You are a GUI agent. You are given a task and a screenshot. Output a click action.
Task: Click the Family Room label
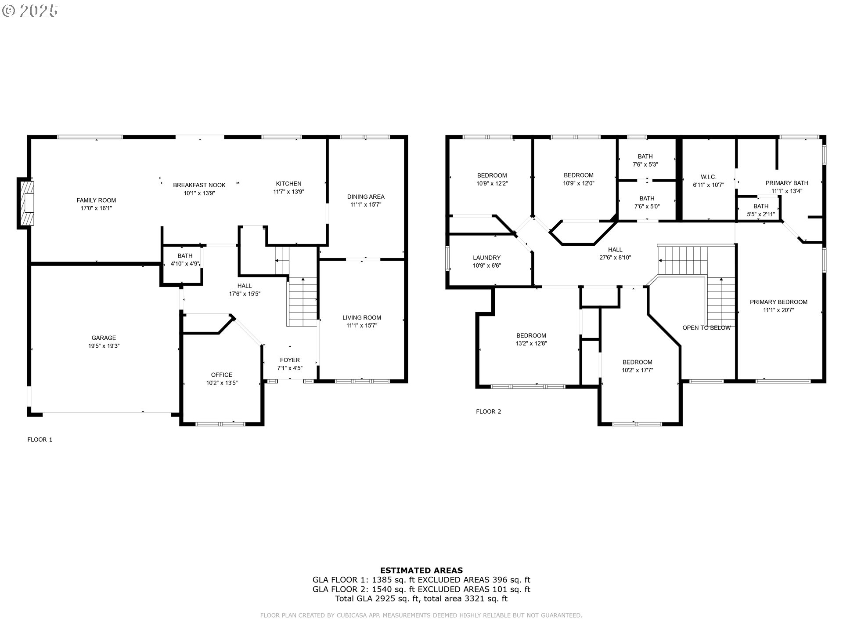click(96, 200)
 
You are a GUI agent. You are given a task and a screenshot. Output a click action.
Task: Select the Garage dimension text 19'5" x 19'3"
click(104, 346)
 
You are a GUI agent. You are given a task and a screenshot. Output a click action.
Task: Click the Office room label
click(221, 375)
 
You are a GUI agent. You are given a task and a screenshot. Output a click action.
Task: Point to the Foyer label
click(289, 360)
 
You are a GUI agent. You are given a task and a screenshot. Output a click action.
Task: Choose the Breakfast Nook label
click(199, 185)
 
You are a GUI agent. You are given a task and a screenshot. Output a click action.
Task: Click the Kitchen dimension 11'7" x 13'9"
click(288, 192)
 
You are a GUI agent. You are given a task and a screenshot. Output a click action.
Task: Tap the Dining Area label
click(365, 196)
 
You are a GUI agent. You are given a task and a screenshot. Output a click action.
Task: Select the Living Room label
click(361, 317)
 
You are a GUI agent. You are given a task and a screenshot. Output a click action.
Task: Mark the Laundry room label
click(486, 258)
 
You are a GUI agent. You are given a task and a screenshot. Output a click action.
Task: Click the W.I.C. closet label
click(708, 177)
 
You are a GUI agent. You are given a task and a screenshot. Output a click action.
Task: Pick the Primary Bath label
click(786, 183)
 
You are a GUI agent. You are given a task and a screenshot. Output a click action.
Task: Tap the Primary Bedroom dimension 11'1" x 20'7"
click(778, 310)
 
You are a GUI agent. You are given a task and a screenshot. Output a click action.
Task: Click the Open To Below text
click(706, 327)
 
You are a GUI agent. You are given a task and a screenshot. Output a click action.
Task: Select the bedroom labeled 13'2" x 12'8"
click(531, 339)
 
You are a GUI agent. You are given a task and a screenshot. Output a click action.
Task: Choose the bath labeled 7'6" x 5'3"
click(645, 160)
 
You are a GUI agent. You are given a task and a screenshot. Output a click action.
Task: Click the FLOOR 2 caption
click(488, 411)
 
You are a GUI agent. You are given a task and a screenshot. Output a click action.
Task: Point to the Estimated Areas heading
click(421, 571)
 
